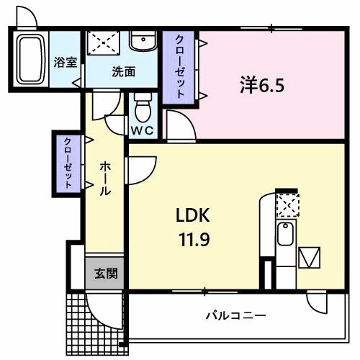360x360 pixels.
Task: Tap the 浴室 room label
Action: (66, 63)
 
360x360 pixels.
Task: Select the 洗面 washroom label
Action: (123, 71)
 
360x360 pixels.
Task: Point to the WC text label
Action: (142, 131)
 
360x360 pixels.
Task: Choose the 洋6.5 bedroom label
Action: (262, 85)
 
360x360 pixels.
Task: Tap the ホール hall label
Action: (104, 178)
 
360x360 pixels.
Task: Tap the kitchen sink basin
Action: (284, 234)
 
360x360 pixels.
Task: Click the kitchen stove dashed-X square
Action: (287, 206)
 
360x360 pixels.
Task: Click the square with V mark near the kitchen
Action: (310, 257)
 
